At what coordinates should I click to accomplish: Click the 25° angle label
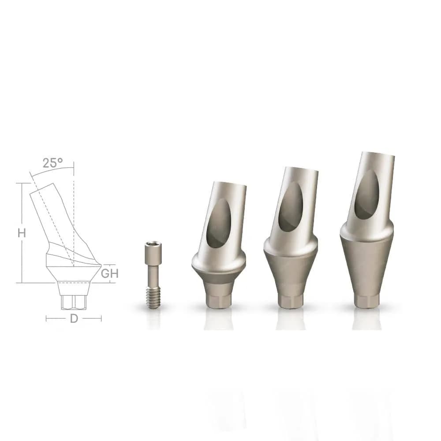(53, 163)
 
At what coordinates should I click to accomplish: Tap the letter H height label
(22, 233)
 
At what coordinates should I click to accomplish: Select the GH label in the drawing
(110, 273)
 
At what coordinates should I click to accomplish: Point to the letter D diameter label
(74, 318)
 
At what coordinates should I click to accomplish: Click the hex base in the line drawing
(73, 302)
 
